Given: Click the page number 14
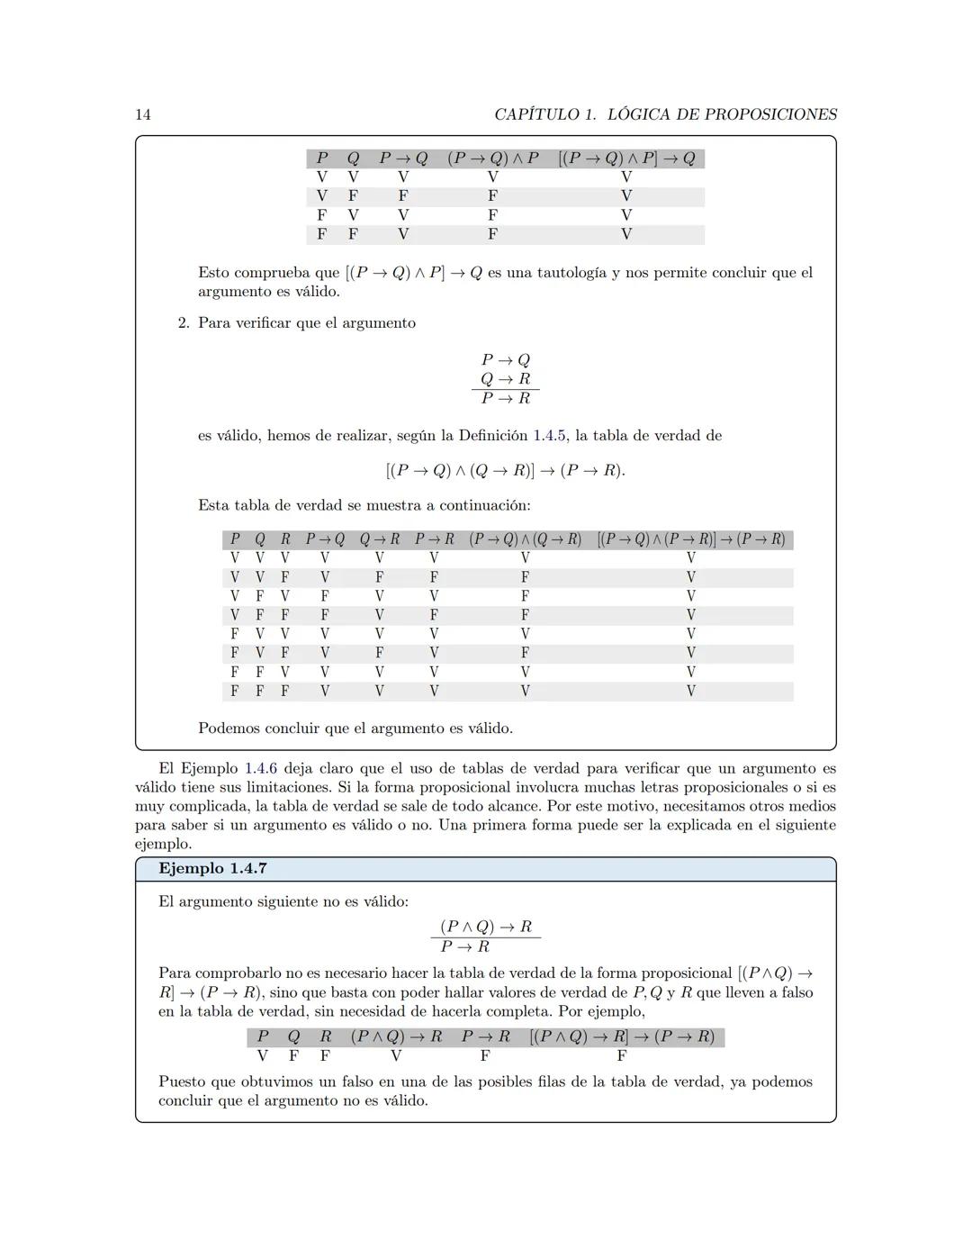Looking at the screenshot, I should (143, 114).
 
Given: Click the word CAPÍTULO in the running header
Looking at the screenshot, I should (537, 114).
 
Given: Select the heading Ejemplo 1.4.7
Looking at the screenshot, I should (212, 869).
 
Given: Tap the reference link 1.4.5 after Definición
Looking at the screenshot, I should (549, 436).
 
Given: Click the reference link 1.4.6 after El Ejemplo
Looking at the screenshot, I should (261, 769).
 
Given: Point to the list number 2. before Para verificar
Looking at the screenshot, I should (184, 323).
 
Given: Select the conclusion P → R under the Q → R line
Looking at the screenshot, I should (506, 398).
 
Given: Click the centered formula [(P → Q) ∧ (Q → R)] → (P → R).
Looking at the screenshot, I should (505, 470).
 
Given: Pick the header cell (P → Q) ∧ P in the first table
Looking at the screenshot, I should (493, 158).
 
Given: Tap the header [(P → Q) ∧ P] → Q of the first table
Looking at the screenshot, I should (626, 158).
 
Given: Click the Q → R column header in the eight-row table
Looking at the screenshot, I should (380, 539).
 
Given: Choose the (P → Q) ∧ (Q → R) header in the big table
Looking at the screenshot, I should (525, 539).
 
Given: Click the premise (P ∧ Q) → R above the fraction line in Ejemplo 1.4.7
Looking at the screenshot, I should (486, 927).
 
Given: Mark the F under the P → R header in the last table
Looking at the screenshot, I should (485, 1055).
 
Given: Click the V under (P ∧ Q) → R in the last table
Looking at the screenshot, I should (396, 1055).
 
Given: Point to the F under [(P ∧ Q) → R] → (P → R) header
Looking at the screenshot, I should (621, 1055).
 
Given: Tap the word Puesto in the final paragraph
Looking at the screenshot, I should (184, 1082).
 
